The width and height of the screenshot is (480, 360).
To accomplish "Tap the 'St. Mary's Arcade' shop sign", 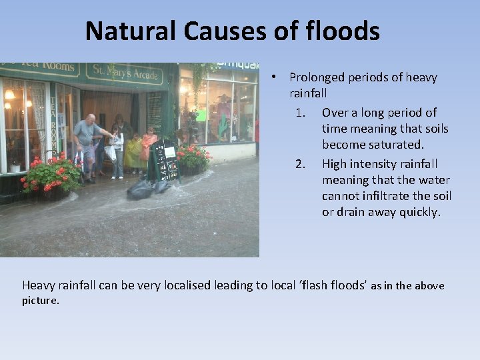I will point(127,71).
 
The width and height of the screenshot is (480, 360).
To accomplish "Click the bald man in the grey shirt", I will point(87,143).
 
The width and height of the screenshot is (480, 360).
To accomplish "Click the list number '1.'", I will point(301,113).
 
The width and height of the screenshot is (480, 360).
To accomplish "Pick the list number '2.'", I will point(301,164).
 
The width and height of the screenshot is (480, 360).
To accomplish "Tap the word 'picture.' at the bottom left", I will point(41,301).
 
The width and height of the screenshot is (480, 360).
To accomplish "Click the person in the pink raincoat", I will point(149,147).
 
